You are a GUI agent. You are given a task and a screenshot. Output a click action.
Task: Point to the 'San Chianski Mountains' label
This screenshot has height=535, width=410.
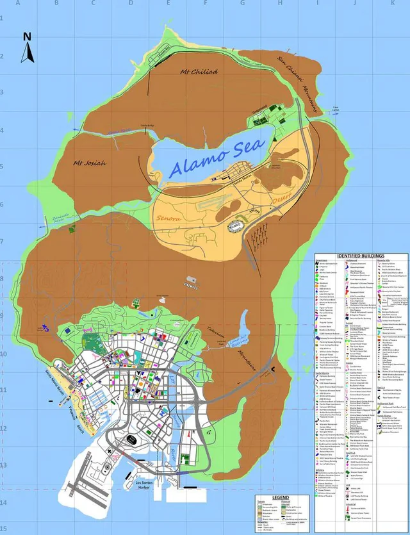(x=298, y=83)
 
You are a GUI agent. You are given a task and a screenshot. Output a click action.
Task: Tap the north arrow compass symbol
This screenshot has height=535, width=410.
(x=28, y=49)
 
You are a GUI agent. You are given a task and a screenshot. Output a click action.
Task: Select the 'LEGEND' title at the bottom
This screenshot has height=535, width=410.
(x=281, y=497)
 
